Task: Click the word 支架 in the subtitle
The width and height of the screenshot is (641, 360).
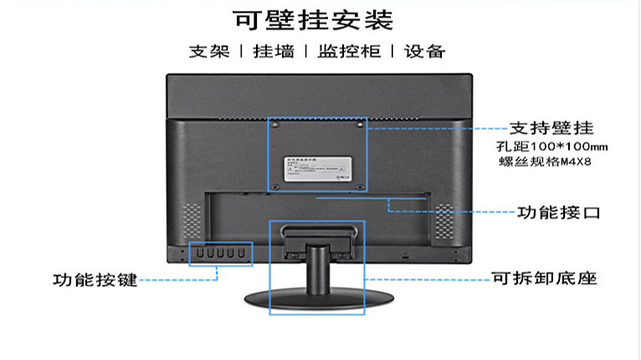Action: (208, 52)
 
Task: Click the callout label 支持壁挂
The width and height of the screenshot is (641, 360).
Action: (551, 129)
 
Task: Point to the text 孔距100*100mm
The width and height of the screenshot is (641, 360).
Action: (551, 147)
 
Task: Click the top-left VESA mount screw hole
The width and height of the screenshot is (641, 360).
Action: (276, 125)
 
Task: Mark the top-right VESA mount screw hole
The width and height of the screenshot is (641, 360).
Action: (360, 125)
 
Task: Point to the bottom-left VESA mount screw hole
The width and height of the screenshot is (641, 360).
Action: (276, 186)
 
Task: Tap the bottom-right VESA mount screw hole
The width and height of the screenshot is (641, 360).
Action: (360, 186)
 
